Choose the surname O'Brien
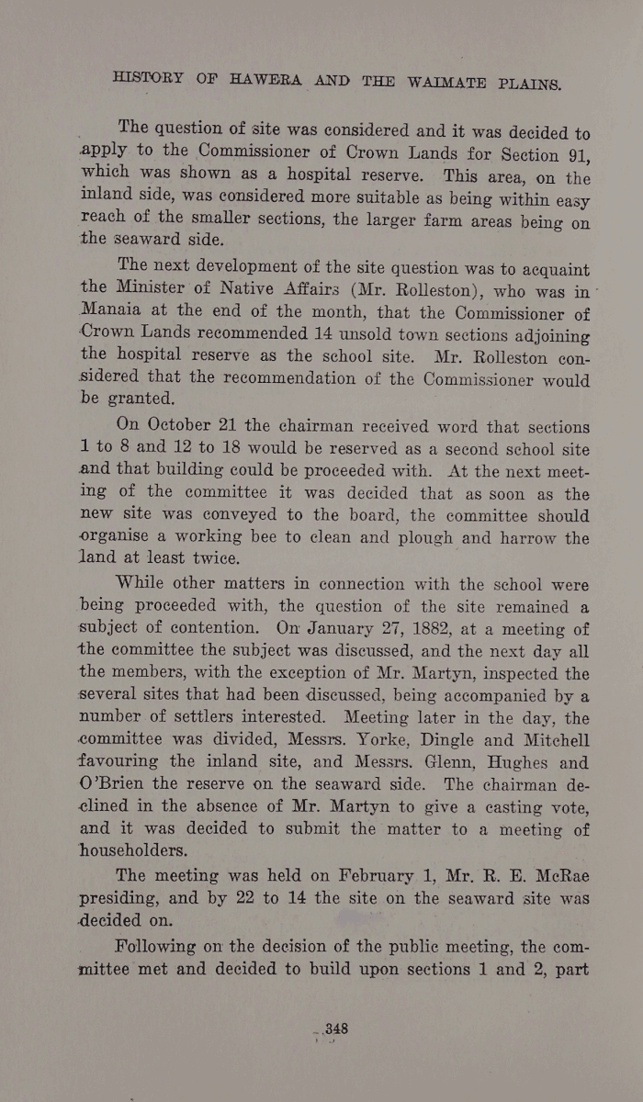click(117, 786)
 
